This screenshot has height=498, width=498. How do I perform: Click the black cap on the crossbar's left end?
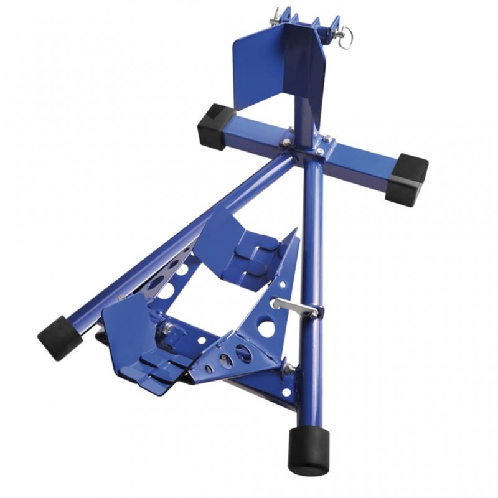212,126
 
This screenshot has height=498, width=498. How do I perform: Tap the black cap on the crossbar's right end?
406,179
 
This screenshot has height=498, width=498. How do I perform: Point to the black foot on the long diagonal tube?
60,337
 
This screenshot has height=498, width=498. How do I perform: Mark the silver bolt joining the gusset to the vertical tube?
288,369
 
